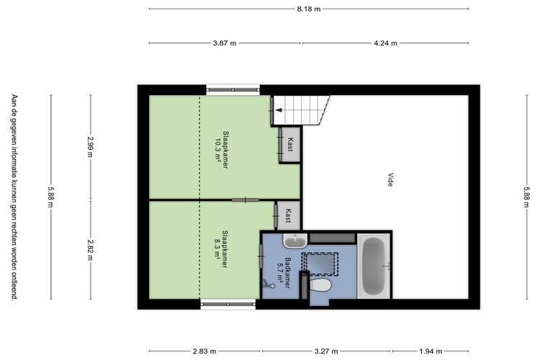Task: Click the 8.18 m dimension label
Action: [309, 9]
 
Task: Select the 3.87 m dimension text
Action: [225, 43]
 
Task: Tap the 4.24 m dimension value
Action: [385, 43]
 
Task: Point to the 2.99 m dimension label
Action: [90, 146]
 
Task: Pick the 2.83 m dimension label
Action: [204, 351]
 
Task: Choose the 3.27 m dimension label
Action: [326, 351]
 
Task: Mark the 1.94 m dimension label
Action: [431, 351]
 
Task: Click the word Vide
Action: [390, 179]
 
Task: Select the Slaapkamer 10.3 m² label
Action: [222, 150]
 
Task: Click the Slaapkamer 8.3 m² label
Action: [221, 248]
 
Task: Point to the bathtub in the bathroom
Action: [374, 266]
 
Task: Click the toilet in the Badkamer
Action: [320, 285]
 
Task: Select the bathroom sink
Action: [295, 240]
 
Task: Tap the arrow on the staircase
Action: [279, 110]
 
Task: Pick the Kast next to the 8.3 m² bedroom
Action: [289, 216]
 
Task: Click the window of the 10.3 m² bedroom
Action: [233, 90]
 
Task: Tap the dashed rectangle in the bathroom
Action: [320, 264]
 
